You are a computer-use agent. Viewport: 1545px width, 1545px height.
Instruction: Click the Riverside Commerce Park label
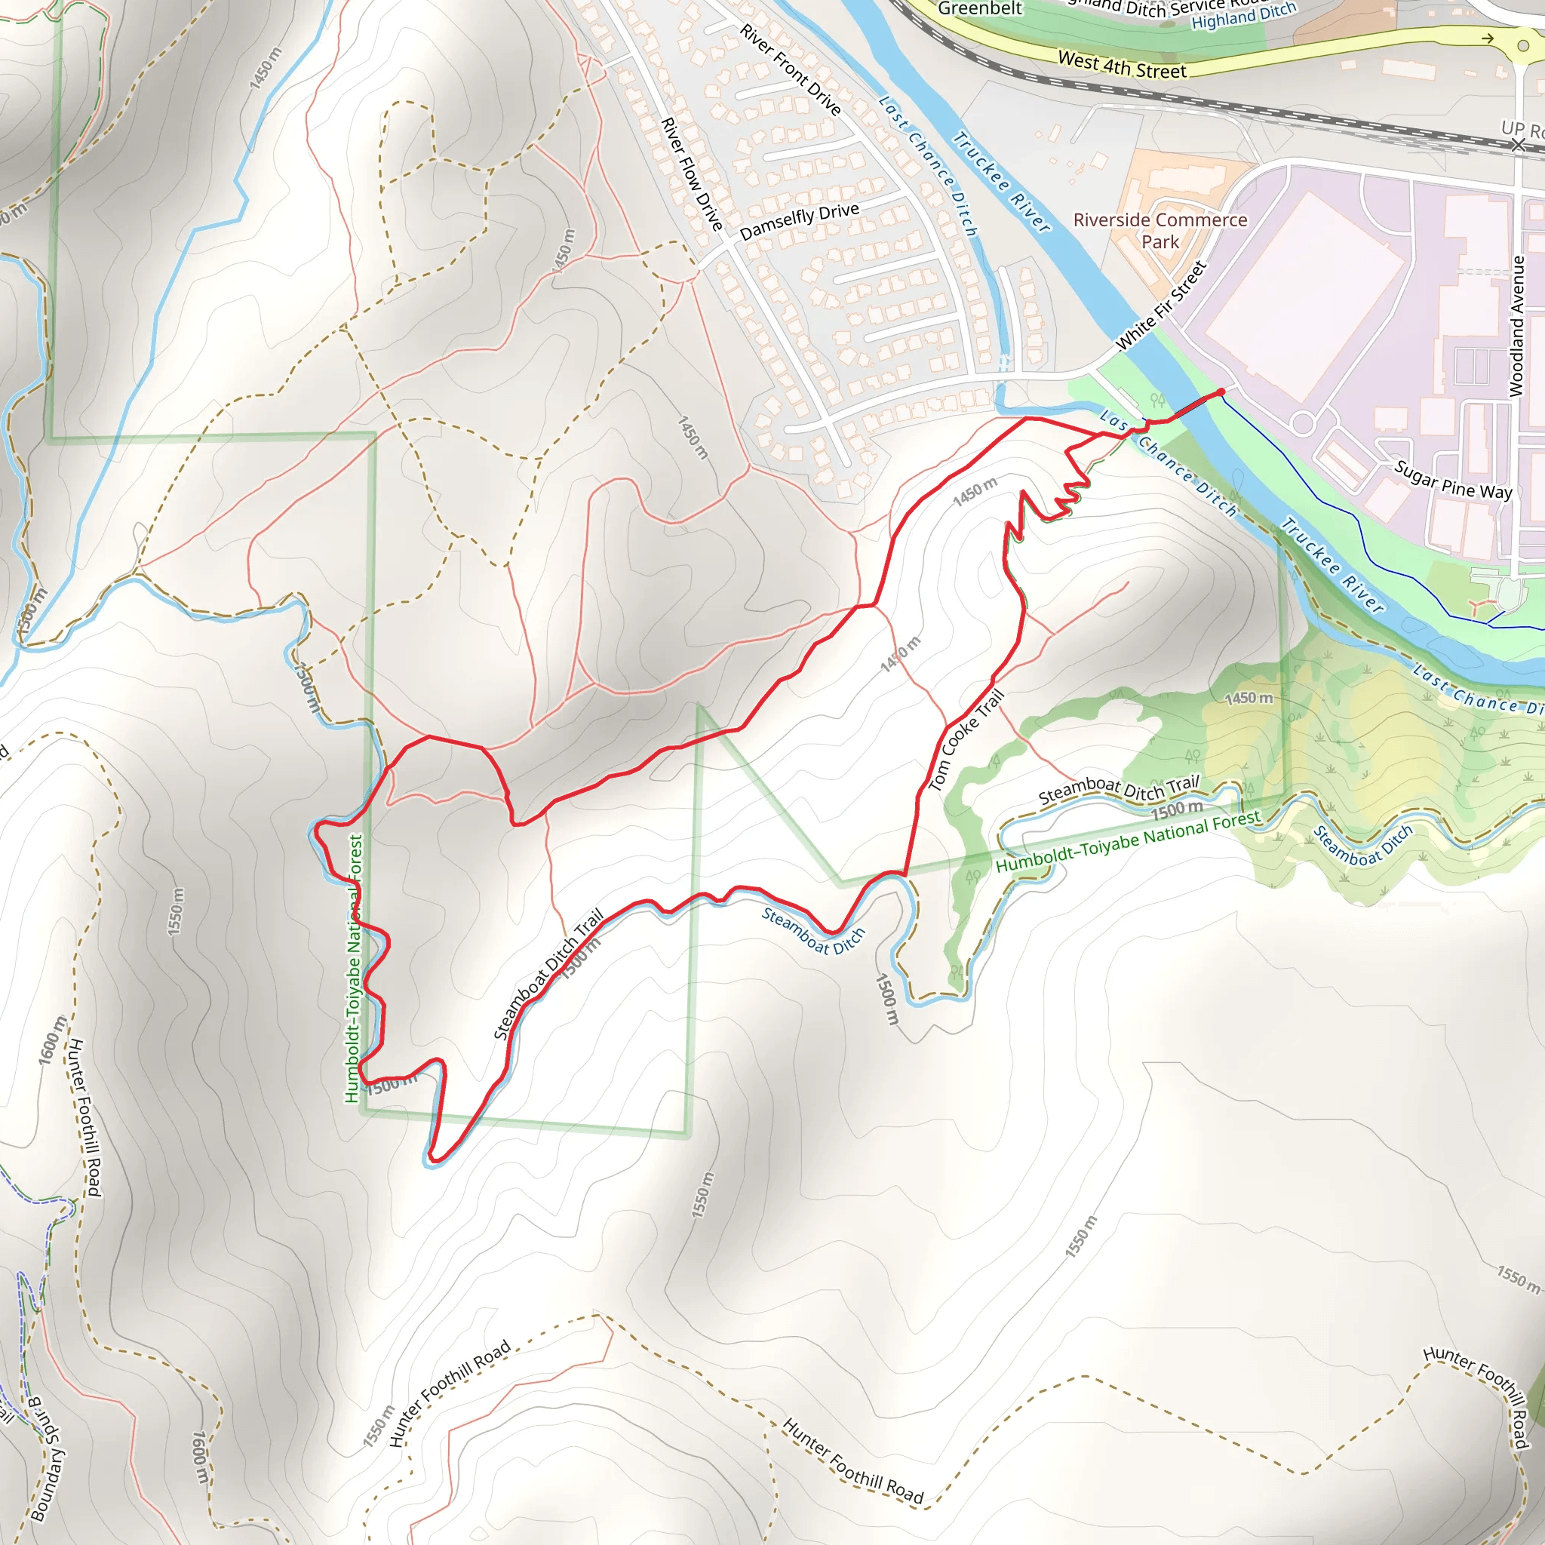[x=1160, y=230]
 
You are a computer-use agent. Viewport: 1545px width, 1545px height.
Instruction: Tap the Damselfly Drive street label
[x=799, y=222]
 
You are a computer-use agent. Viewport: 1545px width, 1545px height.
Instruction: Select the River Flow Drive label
[x=692, y=174]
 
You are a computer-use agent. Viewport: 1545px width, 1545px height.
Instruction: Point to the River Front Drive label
[x=790, y=69]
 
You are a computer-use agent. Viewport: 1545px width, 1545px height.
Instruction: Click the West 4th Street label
[x=1121, y=65]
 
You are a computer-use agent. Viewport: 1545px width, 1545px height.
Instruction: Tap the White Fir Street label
[x=1160, y=306]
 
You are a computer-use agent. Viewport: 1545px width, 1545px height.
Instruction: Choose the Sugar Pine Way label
[x=1453, y=480]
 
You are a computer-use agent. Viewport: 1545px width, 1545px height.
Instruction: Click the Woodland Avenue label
[x=1516, y=326]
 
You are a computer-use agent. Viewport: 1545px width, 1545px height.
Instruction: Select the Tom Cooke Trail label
[x=965, y=741]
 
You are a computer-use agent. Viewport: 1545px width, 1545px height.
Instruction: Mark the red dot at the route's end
[x=1221, y=392]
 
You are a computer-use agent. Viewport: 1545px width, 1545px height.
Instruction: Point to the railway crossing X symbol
[x=1518, y=144]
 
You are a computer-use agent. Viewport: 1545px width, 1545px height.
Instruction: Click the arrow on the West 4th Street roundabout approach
[x=1487, y=38]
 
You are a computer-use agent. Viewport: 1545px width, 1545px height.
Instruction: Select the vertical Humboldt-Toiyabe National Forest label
[x=354, y=968]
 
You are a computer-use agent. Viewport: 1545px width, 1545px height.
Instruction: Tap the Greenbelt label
[x=980, y=9]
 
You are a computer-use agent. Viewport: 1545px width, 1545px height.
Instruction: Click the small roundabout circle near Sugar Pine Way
[x=1303, y=423]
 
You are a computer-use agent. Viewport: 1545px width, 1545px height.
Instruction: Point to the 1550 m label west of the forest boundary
[x=176, y=911]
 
